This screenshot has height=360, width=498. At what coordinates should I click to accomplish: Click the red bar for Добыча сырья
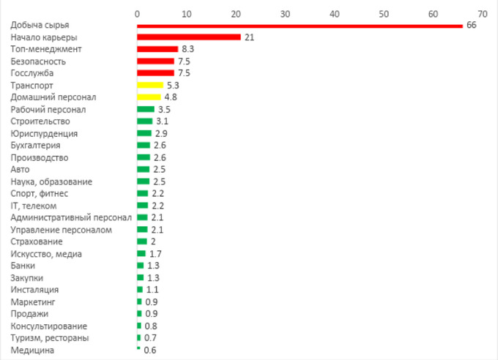(x=300, y=25)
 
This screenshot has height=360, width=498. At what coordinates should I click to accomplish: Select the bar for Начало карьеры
(x=189, y=37)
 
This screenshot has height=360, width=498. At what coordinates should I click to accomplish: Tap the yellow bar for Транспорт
(x=150, y=85)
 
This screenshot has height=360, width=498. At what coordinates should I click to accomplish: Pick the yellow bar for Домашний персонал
(x=149, y=97)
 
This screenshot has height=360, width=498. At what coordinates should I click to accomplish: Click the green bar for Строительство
(x=144, y=121)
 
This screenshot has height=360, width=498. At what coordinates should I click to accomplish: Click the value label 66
(x=471, y=25)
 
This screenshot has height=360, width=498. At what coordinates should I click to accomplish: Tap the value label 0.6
(x=150, y=350)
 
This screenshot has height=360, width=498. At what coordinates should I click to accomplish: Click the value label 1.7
(x=155, y=253)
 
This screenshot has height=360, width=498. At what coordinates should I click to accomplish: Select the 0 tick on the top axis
(x=137, y=12)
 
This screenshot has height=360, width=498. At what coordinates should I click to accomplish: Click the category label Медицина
(x=32, y=350)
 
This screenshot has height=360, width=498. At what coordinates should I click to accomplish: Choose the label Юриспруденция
(x=44, y=133)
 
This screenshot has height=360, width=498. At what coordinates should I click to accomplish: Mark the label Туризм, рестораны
(x=50, y=338)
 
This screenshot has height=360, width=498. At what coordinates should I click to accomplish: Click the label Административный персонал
(x=71, y=217)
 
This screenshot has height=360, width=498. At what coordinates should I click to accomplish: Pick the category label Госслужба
(x=32, y=73)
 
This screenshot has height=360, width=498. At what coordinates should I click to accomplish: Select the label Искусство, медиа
(x=46, y=253)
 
